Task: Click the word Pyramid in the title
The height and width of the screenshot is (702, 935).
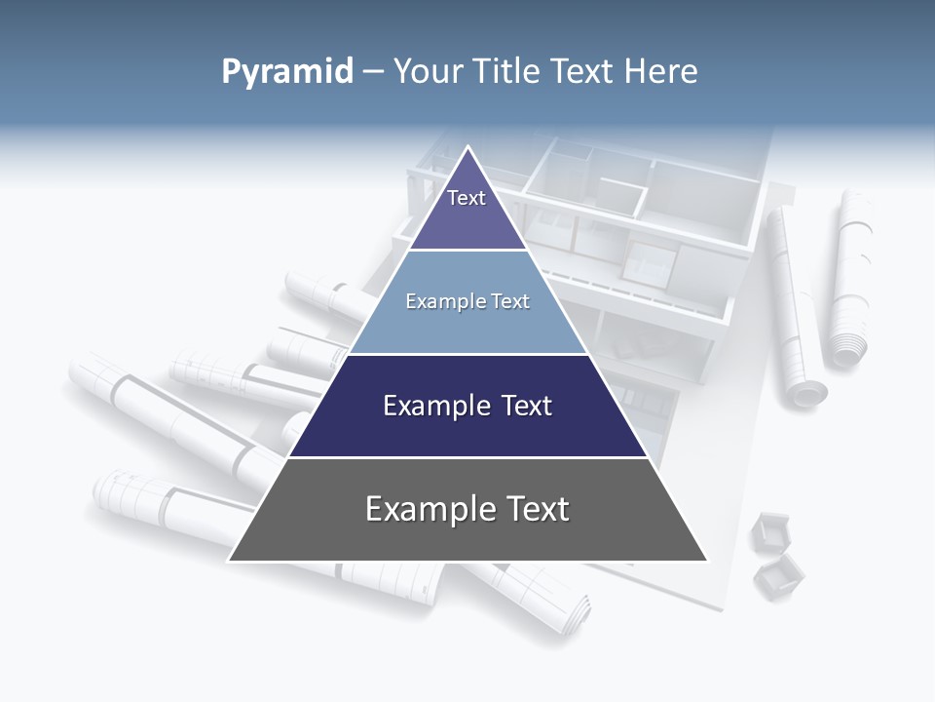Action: tap(286, 72)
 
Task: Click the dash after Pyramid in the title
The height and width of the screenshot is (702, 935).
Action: tap(372, 72)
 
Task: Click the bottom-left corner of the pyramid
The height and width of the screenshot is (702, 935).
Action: tap(231, 560)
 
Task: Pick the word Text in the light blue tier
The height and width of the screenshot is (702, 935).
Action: tap(510, 301)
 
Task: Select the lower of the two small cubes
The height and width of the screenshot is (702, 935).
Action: tap(779, 576)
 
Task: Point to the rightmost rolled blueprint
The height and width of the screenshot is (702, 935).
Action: tap(850, 278)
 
